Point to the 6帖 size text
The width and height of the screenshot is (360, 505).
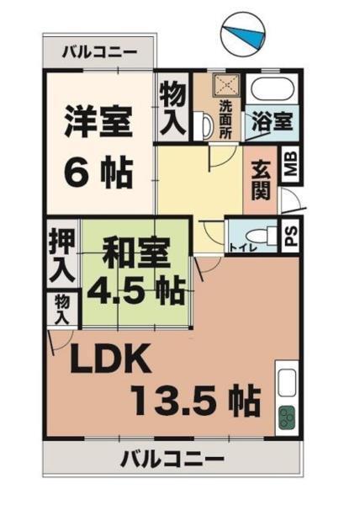pyautogui.click(x=98, y=172)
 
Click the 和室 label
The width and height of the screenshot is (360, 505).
pyautogui.click(x=137, y=252)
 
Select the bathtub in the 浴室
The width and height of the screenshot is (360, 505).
pyautogui.click(x=269, y=89)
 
